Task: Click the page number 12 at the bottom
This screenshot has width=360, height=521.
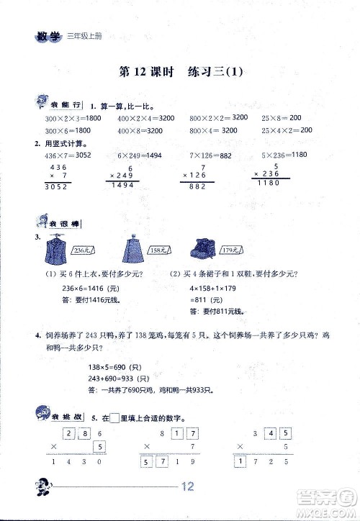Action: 189,486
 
